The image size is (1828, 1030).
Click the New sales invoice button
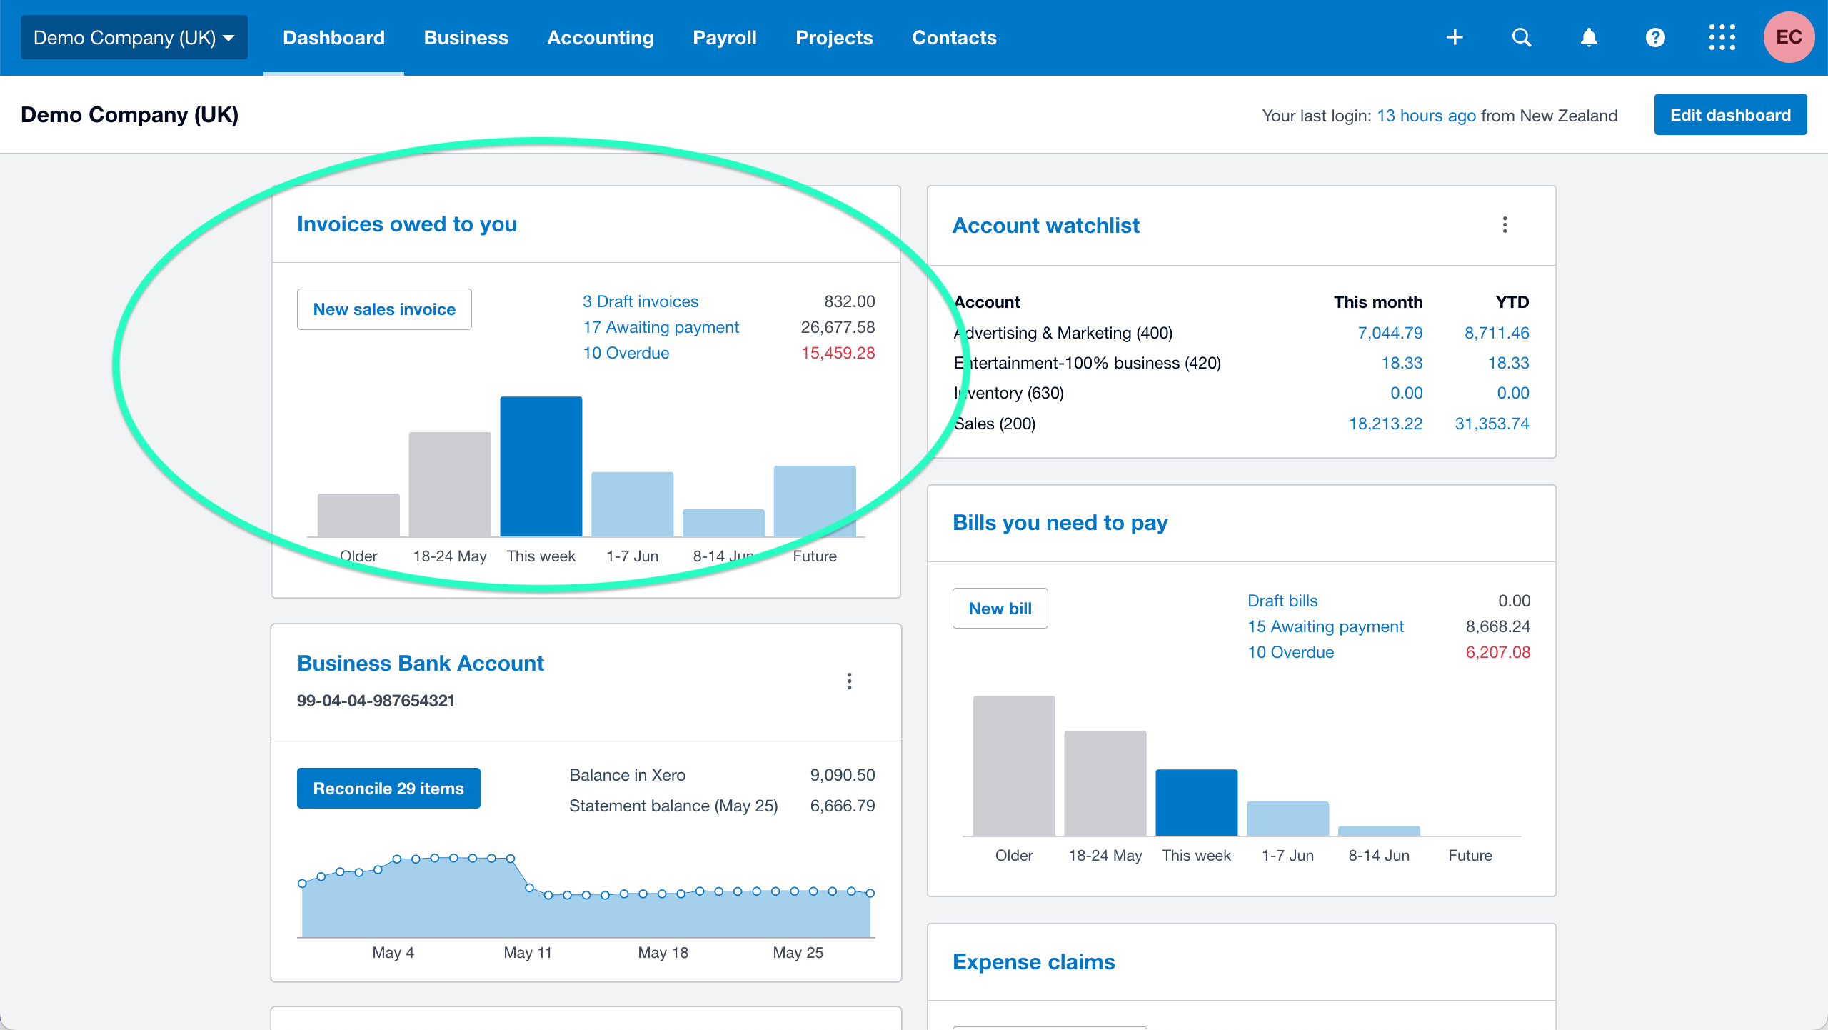pyautogui.click(x=384, y=309)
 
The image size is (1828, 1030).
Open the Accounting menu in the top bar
pyautogui.click(x=600, y=38)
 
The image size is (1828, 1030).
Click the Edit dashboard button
pyautogui.click(x=1729, y=115)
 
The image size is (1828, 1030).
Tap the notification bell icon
pyautogui.click(x=1588, y=38)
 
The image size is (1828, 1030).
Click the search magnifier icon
pyautogui.click(x=1522, y=38)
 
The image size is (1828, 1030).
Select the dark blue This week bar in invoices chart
pyautogui.click(x=541, y=466)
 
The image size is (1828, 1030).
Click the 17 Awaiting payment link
pyautogui.click(x=661, y=327)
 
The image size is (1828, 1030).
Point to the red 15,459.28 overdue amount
pyautogui.click(x=838, y=353)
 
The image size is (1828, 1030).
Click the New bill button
pyautogui.click(x=1000, y=609)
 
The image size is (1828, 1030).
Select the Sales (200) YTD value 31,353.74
pyautogui.click(x=1492, y=424)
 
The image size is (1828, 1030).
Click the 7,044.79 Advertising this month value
pyautogui.click(x=1390, y=333)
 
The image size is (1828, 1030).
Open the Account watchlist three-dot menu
pyautogui.click(x=1505, y=225)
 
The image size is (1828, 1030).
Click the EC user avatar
pyautogui.click(x=1788, y=38)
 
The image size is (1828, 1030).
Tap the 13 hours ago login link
pyautogui.click(x=1426, y=116)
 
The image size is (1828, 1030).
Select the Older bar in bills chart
pyautogui.click(x=1013, y=766)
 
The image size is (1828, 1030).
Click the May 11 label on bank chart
pyautogui.click(x=528, y=952)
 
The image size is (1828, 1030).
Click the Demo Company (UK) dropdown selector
pyautogui.click(x=134, y=38)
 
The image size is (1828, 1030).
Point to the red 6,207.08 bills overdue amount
pyautogui.click(x=1497, y=652)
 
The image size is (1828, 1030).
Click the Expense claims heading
pyautogui.click(x=1033, y=962)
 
